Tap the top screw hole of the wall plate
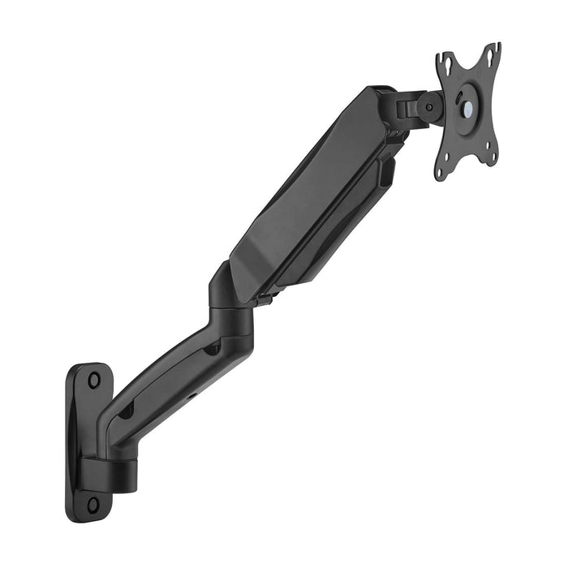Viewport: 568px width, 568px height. tap(95, 379)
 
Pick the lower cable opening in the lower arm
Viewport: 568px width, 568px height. tap(126, 411)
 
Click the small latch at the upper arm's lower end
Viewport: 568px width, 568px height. tap(265, 299)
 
